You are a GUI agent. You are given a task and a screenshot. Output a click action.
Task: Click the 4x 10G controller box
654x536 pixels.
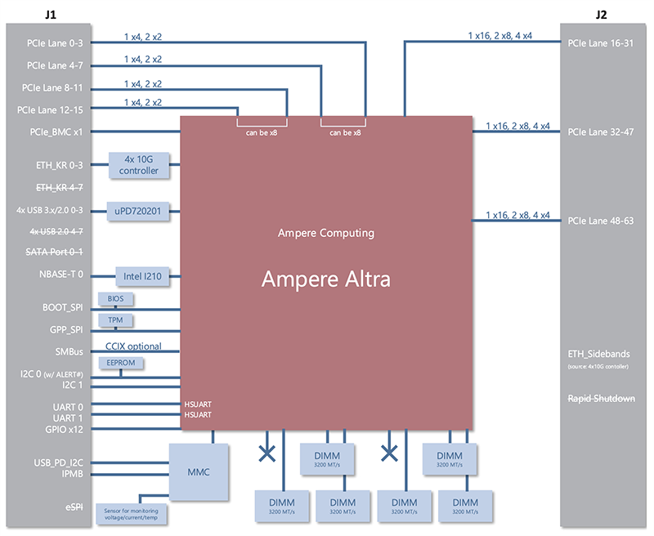[139, 165]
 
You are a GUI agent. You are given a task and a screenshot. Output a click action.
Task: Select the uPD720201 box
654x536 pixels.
[139, 211]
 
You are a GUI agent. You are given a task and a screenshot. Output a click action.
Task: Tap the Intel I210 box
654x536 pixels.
[142, 276]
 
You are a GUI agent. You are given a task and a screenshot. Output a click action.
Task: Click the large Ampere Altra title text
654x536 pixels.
[325, 279]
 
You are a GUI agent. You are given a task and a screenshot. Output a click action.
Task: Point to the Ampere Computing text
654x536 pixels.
[325, 233]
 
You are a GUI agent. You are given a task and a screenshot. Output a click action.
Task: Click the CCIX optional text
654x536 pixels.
[133, 346]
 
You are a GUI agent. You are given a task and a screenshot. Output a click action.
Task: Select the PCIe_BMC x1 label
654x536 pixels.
[55, 131]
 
